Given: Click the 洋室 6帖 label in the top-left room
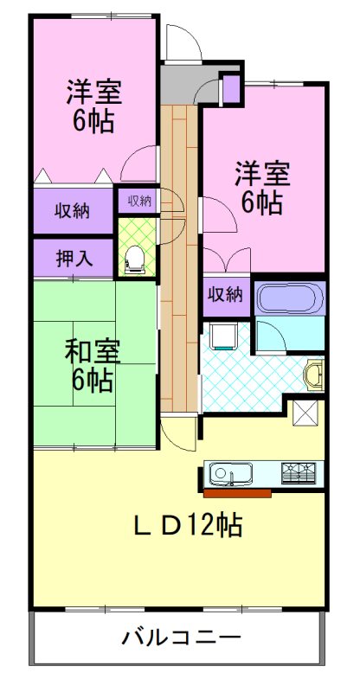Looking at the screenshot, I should (93, 106).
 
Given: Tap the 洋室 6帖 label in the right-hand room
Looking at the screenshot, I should (260, 188).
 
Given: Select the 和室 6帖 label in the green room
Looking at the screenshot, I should (93, 365).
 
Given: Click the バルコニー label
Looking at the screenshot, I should (181, 639).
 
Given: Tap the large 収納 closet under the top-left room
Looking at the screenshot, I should (75, 210).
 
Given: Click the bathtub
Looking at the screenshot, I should (290, 300).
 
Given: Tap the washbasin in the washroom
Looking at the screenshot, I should (315, 375).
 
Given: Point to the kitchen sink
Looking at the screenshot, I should (230, 474).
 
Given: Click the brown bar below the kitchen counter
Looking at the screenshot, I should (237, 494).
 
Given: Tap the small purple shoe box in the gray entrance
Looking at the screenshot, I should (231, 89).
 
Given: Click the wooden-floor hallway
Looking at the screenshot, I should (178, 259).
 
